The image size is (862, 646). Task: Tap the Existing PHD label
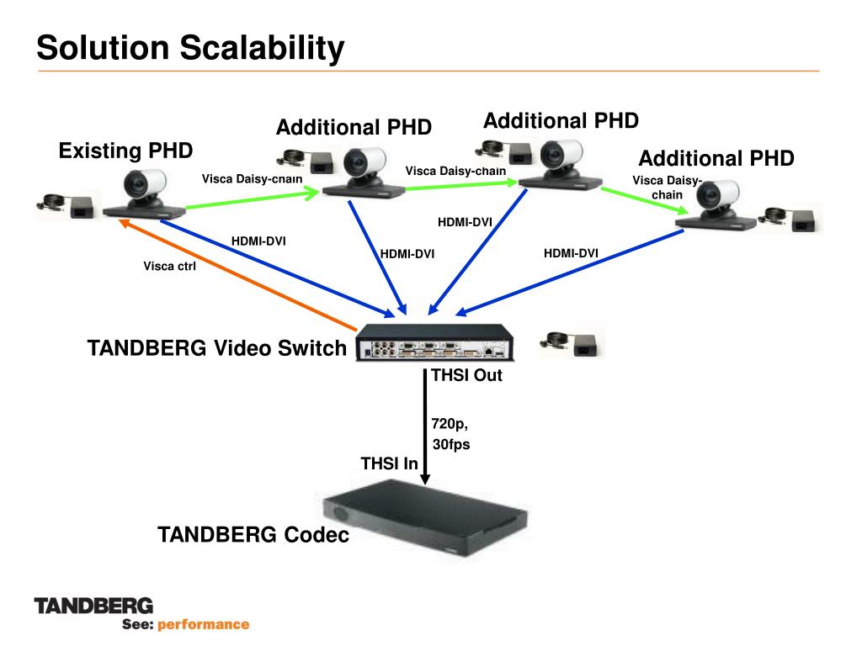pos(125,151)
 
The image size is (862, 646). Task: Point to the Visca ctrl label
pos(169,269)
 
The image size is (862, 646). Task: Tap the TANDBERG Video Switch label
pos(216,348)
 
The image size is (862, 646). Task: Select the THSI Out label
pos(466,375)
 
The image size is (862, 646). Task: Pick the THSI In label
pos(389,463)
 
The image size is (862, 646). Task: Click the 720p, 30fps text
pos(450,434)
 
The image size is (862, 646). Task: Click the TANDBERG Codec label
pos(253,535)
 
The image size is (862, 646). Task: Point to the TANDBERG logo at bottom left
pos(93,605)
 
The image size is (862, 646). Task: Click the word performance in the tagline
pos(204,624)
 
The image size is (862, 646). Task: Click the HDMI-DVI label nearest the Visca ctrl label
pos(258,241)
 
